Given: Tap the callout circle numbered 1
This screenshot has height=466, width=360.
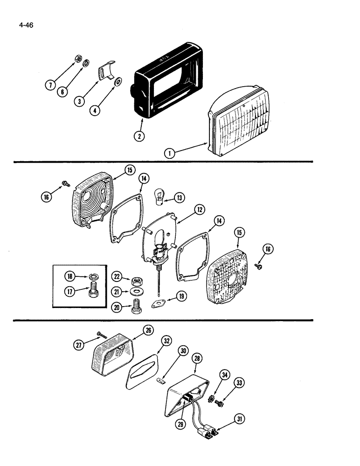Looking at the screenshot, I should click(x=170, y=152).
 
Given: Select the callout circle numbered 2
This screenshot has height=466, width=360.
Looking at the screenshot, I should click(x=138, y=136).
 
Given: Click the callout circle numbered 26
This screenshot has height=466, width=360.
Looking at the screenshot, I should click(x=148, y=330).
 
